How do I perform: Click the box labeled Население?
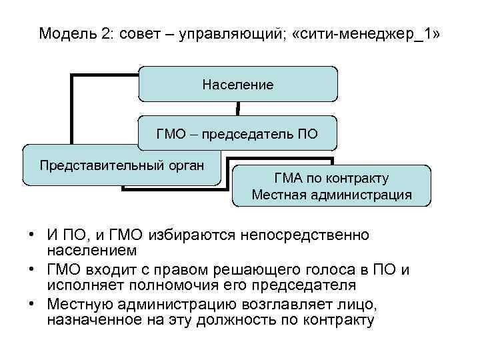[238, 84]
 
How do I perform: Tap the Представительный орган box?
[121, 164]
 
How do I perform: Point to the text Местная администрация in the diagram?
[331, 195]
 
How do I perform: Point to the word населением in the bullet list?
[92, 251]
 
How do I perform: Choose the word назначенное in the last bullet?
[94, 320]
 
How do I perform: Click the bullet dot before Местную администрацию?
[31, 305]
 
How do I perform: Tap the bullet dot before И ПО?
[31, 236]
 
